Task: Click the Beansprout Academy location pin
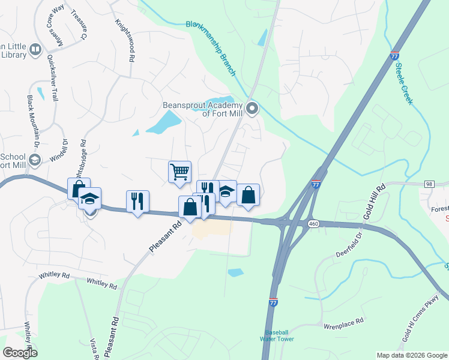pyautogui.click(x=253, y=109)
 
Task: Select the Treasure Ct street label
pyautogui.click(x=79, y=24)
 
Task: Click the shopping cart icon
pyautogui.click(x=180, y=172)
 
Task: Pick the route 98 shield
pyautogui.click(x=429, y=183)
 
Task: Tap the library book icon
pyautogui.click(x=35, y=49)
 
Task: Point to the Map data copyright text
pyautogui.click(x=412, y=355)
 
